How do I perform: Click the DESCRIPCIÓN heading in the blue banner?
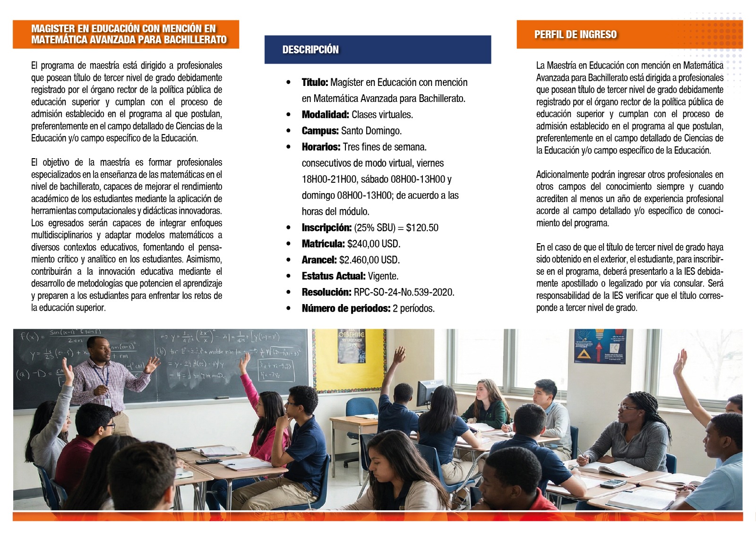[x=310, y=50]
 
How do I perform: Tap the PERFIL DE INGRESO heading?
[x=575, y=34]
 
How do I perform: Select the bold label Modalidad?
[x=325, y=115]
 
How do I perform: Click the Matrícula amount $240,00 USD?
[x=373, y=244]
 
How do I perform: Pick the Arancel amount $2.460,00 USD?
[x=369, y=260]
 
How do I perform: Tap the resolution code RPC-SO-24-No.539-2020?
[x=404, y=292]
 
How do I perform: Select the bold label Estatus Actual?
[x=334, y=276]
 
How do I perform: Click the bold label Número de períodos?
[x=346, y=308]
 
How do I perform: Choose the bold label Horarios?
[x=321, y=147]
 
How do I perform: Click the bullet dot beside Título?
[x=288, y=83]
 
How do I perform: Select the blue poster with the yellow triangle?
[x=600, y=346]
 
